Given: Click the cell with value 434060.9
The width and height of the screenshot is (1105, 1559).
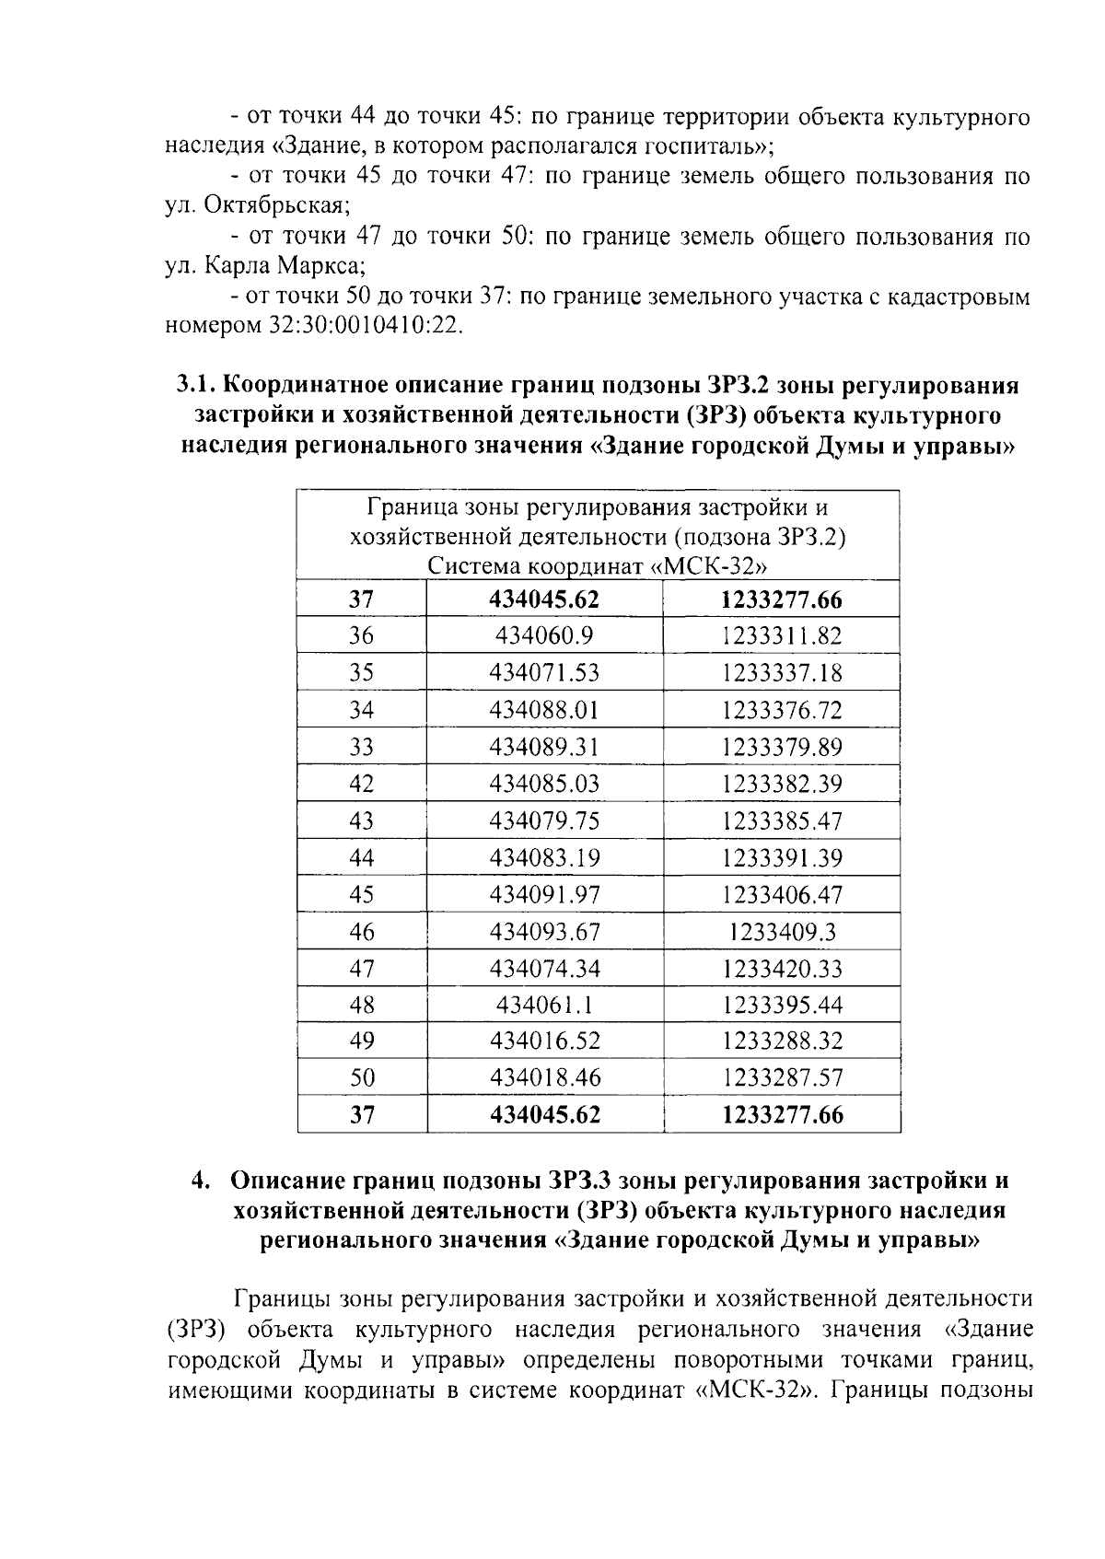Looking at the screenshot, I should click(x=544, y=636).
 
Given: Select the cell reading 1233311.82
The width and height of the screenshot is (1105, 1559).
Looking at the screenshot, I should click(x=782, y=636).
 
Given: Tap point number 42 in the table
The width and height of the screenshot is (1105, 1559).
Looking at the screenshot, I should click(x=362, y=784).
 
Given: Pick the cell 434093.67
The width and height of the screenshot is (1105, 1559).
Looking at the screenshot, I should click(x=544, y=932).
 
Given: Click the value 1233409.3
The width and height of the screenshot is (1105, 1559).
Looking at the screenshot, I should click(x=782, y=932).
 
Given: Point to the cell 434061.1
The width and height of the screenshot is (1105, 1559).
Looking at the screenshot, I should click(x=544, y=1005).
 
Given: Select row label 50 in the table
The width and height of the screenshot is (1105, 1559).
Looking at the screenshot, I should click(x=362, y=1077).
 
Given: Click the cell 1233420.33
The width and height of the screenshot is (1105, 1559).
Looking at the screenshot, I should click(x=782, y=969).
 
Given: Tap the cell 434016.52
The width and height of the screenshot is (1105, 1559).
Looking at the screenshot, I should click(x=544, y=1041).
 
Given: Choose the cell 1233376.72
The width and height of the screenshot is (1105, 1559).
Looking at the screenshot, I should click(x=782, y=710).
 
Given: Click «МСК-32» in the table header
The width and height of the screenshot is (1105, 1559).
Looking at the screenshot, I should click(x=709, y=565).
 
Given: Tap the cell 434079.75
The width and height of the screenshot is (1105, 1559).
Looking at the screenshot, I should click(x=544, y=820).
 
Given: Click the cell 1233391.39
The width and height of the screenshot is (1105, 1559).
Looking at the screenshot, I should click(x=782, y=858).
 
